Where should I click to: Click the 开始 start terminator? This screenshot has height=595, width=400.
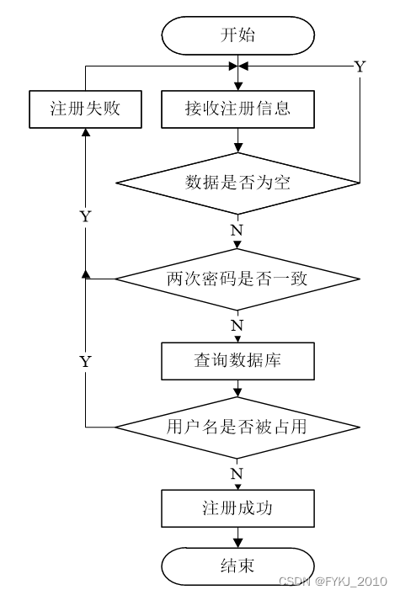(x=237, y=35)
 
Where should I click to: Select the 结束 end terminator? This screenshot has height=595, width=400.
(x=237, y=566)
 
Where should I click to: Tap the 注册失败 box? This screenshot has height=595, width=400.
(x=85, y=109)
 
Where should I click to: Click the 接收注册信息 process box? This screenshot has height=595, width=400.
(x=237, y=109)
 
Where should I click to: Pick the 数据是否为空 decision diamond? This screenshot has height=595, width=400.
(x=237, y=183)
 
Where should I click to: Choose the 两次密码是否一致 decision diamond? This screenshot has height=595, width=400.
(x=237, y=279)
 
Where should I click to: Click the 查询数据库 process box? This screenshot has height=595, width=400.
(x=237, y=361)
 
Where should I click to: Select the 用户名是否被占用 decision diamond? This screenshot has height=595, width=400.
(x=237, y=428)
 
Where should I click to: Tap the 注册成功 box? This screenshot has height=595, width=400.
(x=237, y=508)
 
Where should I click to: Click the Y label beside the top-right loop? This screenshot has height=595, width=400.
(x=360, y=66)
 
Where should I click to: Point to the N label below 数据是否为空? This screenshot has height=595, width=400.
(x=237, y=231)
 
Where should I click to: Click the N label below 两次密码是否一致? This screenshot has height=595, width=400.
(x=237, y=326)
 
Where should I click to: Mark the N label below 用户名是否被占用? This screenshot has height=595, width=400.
(x=237, y=474)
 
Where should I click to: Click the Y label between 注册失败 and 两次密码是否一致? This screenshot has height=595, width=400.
(x=86, y=216)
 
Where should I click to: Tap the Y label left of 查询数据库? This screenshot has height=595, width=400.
(x=86, y=362)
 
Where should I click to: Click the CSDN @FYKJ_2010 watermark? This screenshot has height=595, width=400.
(x=333, y=582)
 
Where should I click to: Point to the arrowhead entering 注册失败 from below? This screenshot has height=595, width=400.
(x=86, y=132)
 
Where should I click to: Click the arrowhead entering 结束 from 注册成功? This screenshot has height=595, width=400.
(x=237, y=543)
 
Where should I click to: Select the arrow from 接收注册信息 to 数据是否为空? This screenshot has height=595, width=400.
(x=237, y=141)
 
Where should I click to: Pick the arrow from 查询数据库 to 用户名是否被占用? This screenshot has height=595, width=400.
(x=237, y=388)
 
